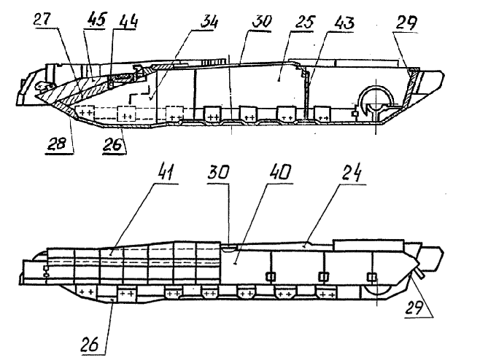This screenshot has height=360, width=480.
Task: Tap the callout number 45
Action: [x=94, y=20]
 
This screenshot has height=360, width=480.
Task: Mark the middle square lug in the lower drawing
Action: [x=322, y=276]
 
